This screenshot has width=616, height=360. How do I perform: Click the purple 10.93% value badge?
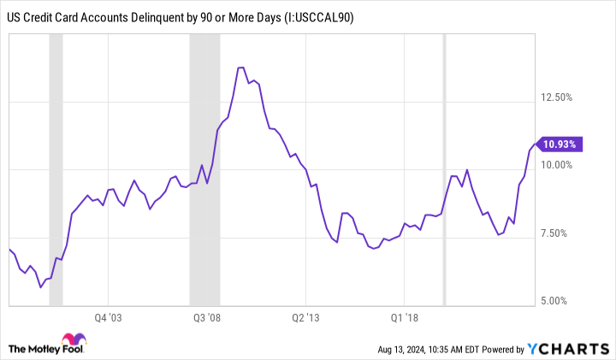pos(561,144)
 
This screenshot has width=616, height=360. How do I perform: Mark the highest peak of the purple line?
pos(241,68)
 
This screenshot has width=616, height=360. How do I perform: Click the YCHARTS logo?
pos(575,349)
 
